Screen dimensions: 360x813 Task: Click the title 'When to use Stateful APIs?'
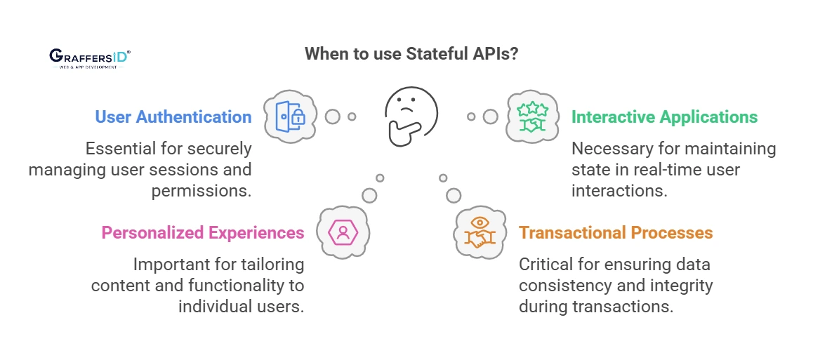point(411,54)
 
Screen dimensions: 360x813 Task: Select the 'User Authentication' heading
point(173,116)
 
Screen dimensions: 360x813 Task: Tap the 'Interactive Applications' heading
point(665,116)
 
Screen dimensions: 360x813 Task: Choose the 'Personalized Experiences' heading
point(203,232)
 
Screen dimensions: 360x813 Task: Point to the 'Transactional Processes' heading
point(616,232)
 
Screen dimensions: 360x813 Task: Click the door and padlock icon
point(290,116)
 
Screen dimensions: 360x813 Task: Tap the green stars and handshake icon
point(533,116)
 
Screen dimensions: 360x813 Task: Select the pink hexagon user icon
point(343,232)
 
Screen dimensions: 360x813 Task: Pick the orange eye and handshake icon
point(481,232)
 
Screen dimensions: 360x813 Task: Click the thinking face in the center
point(411,116)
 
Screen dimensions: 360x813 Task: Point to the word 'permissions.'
point(201,191)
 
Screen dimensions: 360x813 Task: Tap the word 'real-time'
point(677,170)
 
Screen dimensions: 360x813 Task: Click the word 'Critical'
point(545,265)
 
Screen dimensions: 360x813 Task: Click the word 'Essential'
point(119,149)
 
